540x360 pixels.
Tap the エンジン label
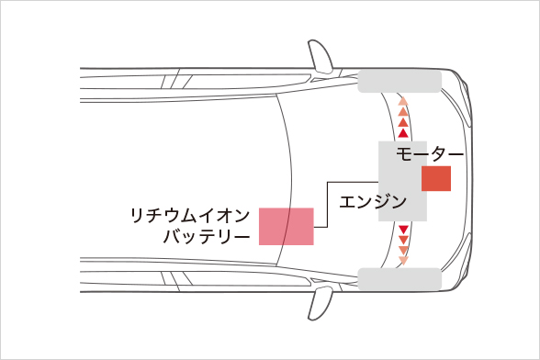tap(373, 201)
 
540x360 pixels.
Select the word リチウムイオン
tap(188, 216)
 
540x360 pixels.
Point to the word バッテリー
tap(206, 236)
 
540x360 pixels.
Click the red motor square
tap(436, 179)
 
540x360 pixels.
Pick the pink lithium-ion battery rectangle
tap(287, 226)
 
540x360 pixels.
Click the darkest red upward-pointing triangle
tap(402, 134)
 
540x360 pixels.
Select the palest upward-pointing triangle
tap(402, 98)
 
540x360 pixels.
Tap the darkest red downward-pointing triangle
tap(402, 229)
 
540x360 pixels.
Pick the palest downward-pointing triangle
tap(402, 262)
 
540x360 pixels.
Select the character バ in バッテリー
tap(172, 236)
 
